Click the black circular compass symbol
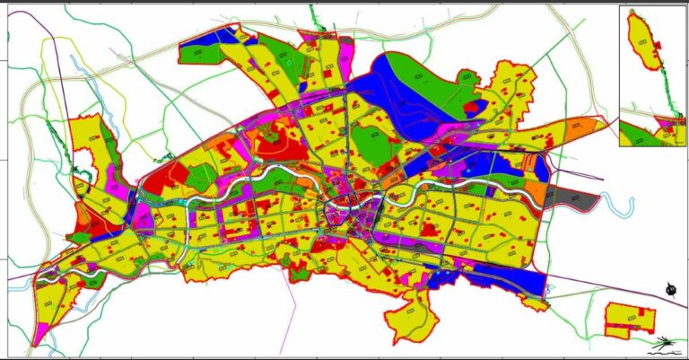tap(671, 288)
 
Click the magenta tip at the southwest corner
tap(37, 336)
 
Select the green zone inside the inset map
tap(637, 135)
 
